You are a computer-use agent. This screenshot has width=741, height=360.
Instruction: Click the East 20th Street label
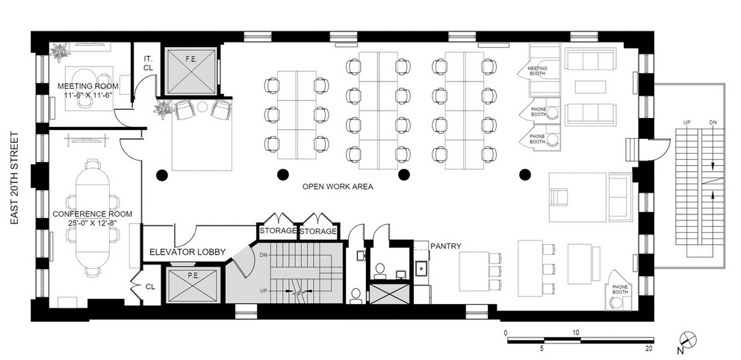[x=13, y=179]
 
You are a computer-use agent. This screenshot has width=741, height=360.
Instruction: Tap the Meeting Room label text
[x=88, y=86]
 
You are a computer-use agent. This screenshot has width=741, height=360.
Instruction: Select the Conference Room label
[x=93, y=214]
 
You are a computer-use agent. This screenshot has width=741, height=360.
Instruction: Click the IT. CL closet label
[x=147, y=62]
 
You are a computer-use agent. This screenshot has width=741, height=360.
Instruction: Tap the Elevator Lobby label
[x=187, y=252]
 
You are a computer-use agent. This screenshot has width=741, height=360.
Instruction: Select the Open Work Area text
[x=338, y=187]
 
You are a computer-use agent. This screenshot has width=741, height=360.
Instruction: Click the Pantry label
[x=446, y=246]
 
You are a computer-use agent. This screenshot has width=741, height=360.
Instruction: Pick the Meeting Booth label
[x=537, y=71]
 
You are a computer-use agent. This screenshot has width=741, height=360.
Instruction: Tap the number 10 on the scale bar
[x=576, y=332]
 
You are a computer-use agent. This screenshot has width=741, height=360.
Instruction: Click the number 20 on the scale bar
[x=649, y=349]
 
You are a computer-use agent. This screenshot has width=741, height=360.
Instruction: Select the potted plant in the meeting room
[x=60, y=52]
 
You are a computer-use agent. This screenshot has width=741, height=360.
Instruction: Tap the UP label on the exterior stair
[x=689, y=122]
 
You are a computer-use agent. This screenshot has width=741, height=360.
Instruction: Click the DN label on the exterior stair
[x=713, y=122]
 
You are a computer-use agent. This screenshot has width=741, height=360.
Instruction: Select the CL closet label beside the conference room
[x=150, y=286]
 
